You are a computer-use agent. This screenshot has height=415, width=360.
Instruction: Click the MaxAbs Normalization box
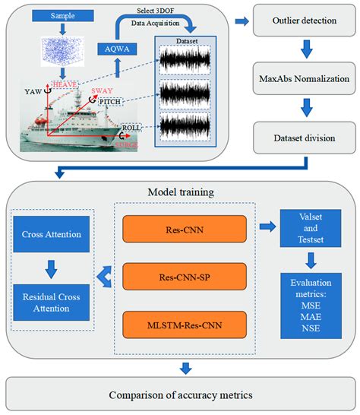click(305, 79)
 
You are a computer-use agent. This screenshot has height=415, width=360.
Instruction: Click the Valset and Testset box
click(306, 230)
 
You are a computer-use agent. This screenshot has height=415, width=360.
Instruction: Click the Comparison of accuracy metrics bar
click(179, 394)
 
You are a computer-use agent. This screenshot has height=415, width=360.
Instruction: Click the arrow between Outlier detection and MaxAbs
click(305, 51)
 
